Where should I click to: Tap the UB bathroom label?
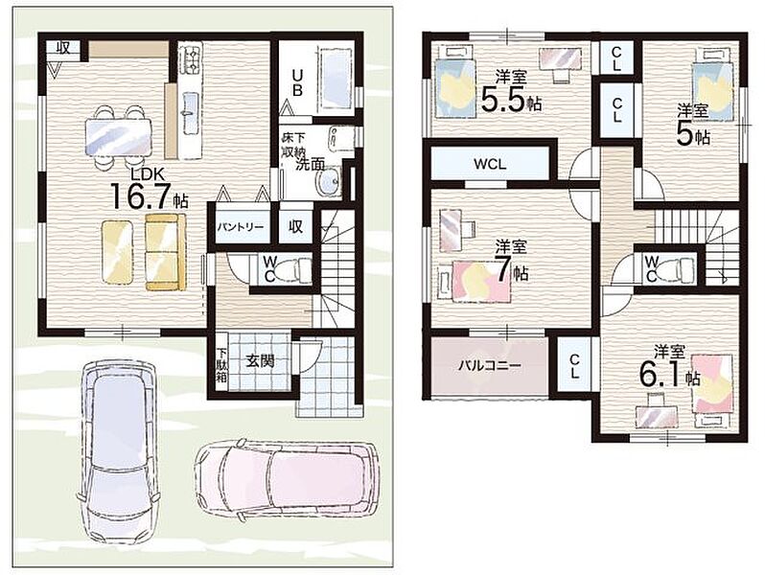(x=297, y=82)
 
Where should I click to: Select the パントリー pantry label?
(x=241, y=227)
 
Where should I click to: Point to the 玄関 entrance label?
(x=259, y=361)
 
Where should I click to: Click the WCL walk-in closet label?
(x=490, y=164)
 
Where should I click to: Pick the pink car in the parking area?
(x=287, y=479)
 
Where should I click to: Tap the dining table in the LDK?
(x=118, y=136)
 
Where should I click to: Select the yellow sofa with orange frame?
(x=167, y=252)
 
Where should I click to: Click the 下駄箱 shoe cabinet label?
(x=221, y=362)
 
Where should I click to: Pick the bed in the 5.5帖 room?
(x=454, y=80)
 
